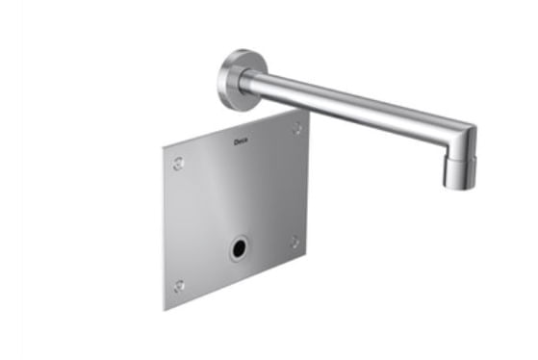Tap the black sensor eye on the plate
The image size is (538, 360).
[x=238, y=249]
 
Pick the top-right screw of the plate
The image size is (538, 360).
[x=296, y=128]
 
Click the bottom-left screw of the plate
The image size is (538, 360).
[x=179, y=286]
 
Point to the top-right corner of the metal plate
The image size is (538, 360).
[x=309, y=109]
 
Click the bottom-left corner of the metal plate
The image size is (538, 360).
[x=165, y=309]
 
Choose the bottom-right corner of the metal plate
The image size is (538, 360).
[x=309, y=257]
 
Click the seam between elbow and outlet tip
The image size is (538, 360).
[x=459, y=156]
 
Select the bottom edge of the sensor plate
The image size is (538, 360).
[x=237, y=283]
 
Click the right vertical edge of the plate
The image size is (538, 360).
[x=309, y=183]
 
